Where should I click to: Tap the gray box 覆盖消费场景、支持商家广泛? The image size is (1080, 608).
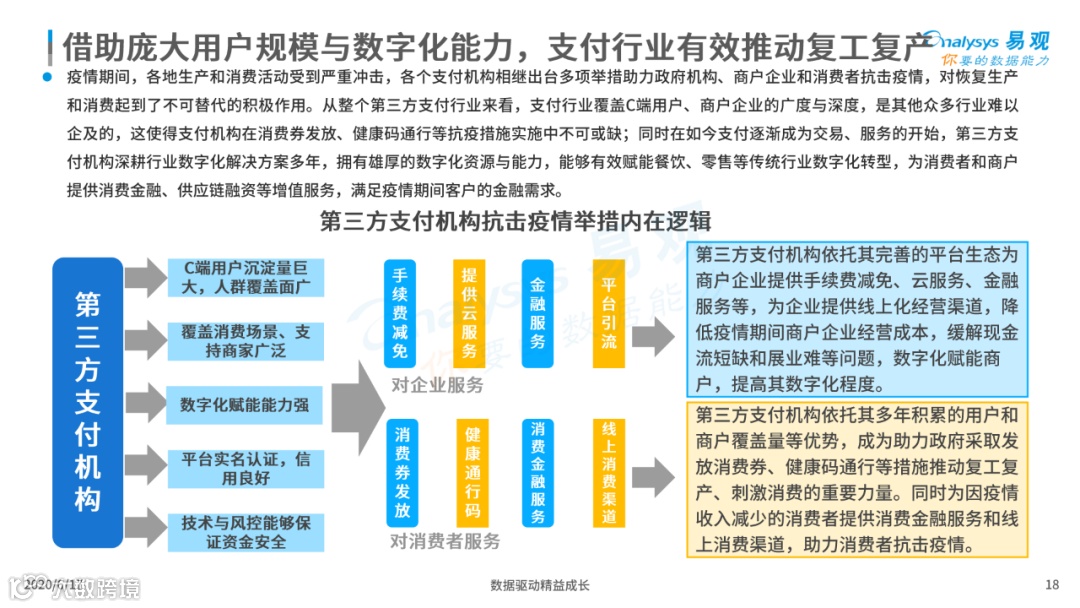coord(245,341)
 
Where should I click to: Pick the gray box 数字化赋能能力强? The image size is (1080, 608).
coord(245,405)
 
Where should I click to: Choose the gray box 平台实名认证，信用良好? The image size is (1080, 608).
coord(245,468)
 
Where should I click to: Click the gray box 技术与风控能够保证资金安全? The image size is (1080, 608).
coord(245,531)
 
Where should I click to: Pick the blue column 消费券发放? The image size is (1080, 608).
coord(401,472)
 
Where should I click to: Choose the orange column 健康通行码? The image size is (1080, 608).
coord(470,472)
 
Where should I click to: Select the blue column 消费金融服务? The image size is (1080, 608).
coord(538,472)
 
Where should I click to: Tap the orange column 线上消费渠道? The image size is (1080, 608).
coord(608,472)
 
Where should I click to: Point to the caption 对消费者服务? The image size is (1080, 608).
coord(445,541)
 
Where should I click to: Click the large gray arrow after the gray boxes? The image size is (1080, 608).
coord(356,405)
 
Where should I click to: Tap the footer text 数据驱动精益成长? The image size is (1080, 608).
coord(540,585)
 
